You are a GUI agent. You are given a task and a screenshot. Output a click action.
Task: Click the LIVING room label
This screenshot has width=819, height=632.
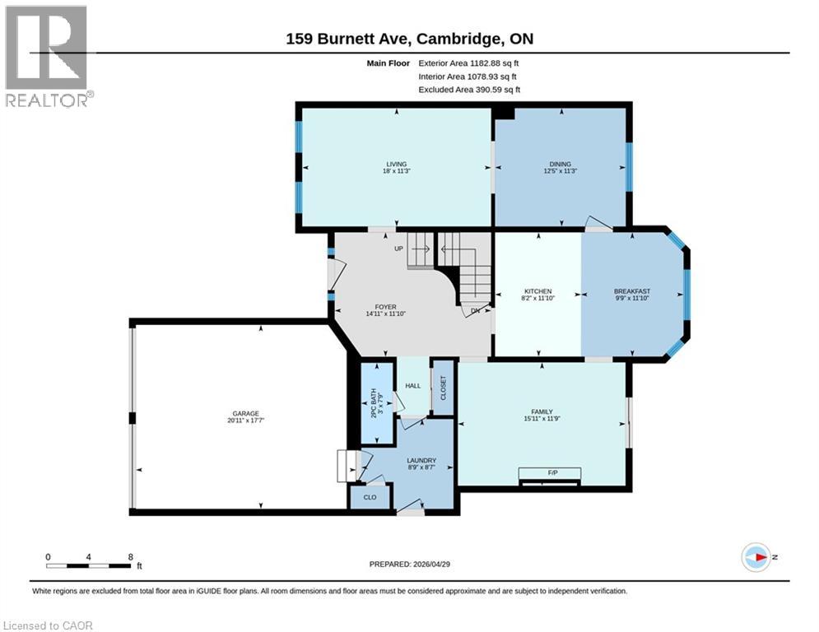click(x=397, y=165)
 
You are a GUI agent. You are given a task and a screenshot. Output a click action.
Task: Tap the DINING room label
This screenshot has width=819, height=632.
click(x=560, y=165)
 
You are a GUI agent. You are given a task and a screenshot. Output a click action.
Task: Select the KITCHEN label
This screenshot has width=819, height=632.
click(x=537, y=291)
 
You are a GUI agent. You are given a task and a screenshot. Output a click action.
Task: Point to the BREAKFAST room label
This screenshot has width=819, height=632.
click(x=632, y=291)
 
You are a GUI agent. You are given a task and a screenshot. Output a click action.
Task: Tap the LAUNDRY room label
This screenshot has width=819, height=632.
click(x=421, y=461)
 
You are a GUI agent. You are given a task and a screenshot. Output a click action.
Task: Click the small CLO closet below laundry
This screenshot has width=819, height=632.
click(x=370, y=497)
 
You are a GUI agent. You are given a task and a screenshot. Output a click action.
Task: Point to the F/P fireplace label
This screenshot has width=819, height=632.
click(x=549, y=472)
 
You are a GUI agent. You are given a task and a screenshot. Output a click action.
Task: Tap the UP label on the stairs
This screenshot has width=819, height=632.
click(x=398, y=248)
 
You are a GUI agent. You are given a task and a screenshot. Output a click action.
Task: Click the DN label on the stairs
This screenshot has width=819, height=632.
click(x=476, y=311)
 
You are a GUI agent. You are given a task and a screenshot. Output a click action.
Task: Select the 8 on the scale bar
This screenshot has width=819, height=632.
click(x=131, y=556)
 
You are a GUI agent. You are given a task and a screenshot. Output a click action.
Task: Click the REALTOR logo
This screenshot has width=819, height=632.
click(x=47, y=56)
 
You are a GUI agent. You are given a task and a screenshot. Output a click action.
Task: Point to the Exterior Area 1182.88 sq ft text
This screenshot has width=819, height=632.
click(x=468, y=63)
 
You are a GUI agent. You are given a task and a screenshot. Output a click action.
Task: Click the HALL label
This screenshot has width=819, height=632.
click(x=412, y=385)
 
